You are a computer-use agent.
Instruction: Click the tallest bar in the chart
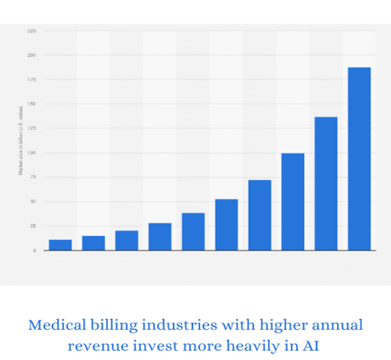(x=359, y=158)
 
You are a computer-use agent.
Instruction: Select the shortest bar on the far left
(x=60, y=245)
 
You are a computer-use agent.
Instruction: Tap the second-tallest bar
(x=326, y=184)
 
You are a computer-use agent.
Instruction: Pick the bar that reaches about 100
(x=292, y=202)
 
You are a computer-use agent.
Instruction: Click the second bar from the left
(x=94, y=243)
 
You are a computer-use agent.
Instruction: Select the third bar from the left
(x=127, y=240)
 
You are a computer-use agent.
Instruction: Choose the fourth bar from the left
(x=160, y=237)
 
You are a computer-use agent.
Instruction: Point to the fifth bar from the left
(x=193, y=232)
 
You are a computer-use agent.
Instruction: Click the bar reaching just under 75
(x=259, y=215)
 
